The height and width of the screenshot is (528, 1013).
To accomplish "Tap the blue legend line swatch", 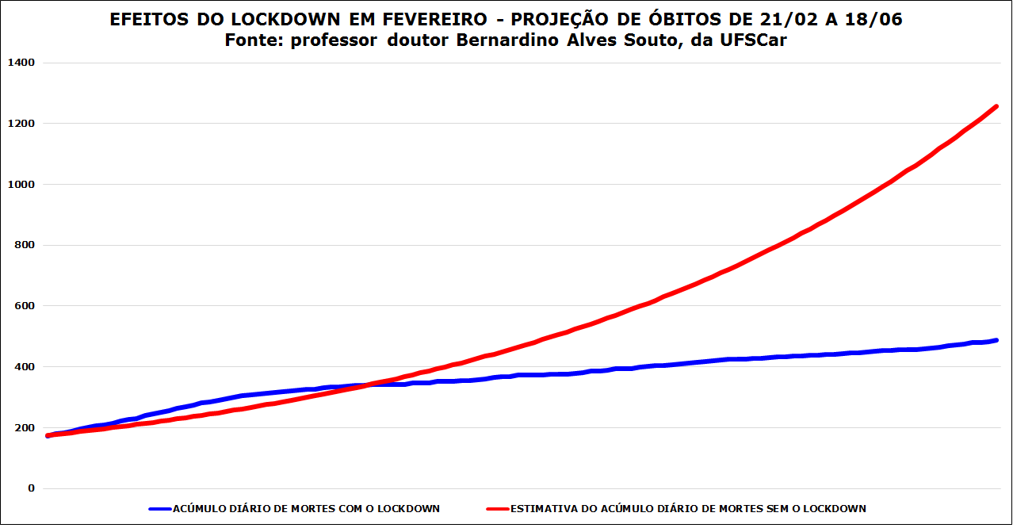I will point(159,509).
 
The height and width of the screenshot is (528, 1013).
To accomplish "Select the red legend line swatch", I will point(497,509).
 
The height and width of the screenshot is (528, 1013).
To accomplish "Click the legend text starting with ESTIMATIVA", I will point(688,509).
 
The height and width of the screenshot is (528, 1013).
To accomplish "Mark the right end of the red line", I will point(996,106).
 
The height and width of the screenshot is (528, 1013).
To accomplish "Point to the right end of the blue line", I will point(996,340).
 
